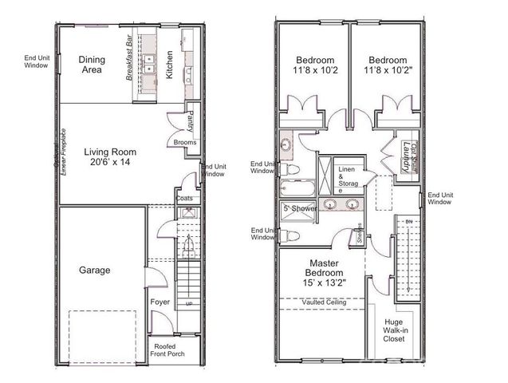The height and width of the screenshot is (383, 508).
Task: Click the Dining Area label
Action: click(93, 65)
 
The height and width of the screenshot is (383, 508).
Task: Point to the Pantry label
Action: click(190, 122)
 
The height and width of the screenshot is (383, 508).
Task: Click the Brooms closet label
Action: click(185, 143)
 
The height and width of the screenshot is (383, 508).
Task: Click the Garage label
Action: click(95, 270)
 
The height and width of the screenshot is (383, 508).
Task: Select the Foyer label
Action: click(160, 302)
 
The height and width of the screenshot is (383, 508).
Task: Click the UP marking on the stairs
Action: click(188, 304)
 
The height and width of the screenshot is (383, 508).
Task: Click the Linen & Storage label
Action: click(348, 180)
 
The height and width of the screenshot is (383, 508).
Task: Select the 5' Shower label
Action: click(301, 208)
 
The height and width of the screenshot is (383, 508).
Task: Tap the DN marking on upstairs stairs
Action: click(409, 220)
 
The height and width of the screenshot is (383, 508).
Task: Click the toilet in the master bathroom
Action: click(292, 235)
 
